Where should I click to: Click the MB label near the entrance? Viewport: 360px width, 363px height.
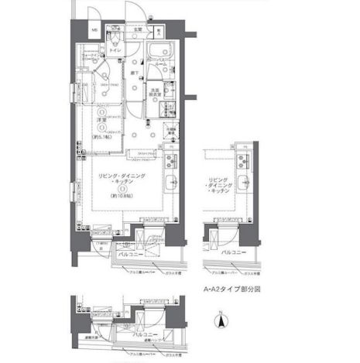pyautogui.click(x=94, y=33)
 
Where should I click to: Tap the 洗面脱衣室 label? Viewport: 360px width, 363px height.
pyautogui.click(x=156, y=92)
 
